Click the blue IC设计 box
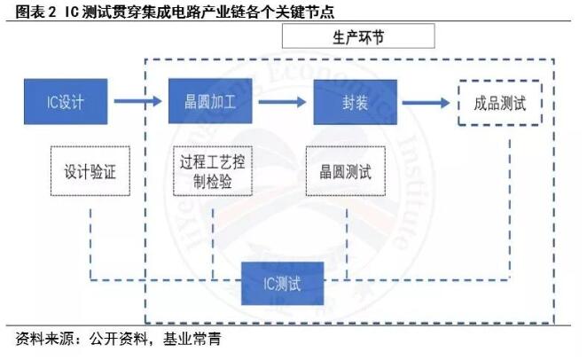[x=66, y=101]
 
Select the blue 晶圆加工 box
[x=210, y=101]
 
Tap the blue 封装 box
[x=356, y=102]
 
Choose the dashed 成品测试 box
[x=500, y=103]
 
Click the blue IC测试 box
[x=282, y=283]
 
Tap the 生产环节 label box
[x=358, y=36]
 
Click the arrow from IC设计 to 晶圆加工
[x=137, y=101]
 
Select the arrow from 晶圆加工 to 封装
[x=283, y=102]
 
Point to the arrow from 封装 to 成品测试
[x=426, y=103]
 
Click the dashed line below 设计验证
[x=90, y=244]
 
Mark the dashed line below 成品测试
[x=510, y=209]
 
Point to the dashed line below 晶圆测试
[x=347, y=244]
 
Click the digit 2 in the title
[x=51, y=12]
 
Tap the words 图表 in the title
[x=29, y=12]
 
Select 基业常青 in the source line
[x=192, y=339]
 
